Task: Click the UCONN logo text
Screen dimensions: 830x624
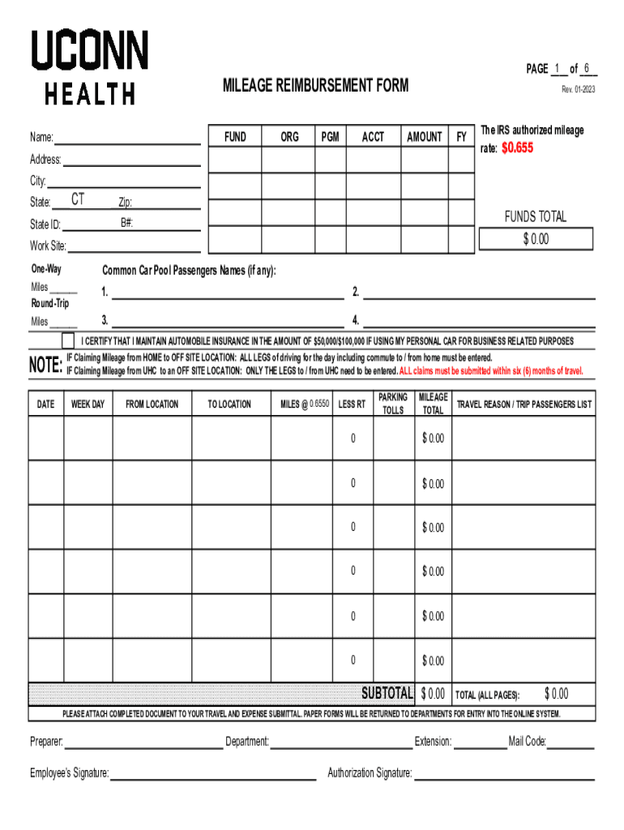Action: tap(89, 50)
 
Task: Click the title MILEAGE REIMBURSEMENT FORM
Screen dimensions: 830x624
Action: tap(316, 85)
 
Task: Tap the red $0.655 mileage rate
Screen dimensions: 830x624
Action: tap(517, 148)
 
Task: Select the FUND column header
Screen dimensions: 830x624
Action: tap(235, 137)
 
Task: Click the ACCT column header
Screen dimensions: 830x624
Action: tap(373, 137)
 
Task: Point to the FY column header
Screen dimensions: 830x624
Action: tap(461, 137)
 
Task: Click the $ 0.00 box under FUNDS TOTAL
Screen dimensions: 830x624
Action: tap(536, 239)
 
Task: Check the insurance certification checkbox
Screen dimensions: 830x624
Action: tap(68, 340)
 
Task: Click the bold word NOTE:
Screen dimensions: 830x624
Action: tap(45, 365)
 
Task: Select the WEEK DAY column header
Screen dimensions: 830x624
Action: tap(88, 404)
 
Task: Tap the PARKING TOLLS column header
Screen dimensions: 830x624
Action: tap(393, 404)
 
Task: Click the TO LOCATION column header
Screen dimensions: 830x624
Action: tap(230, 404)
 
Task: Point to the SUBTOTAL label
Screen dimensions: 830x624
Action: tap(387, 694)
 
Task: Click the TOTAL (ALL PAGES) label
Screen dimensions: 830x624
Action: tap(487, 695)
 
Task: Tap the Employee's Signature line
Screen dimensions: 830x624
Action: tap(212, 773)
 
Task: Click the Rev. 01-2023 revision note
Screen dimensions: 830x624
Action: tap(578, 89)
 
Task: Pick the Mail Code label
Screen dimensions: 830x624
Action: tap(527, 742)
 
